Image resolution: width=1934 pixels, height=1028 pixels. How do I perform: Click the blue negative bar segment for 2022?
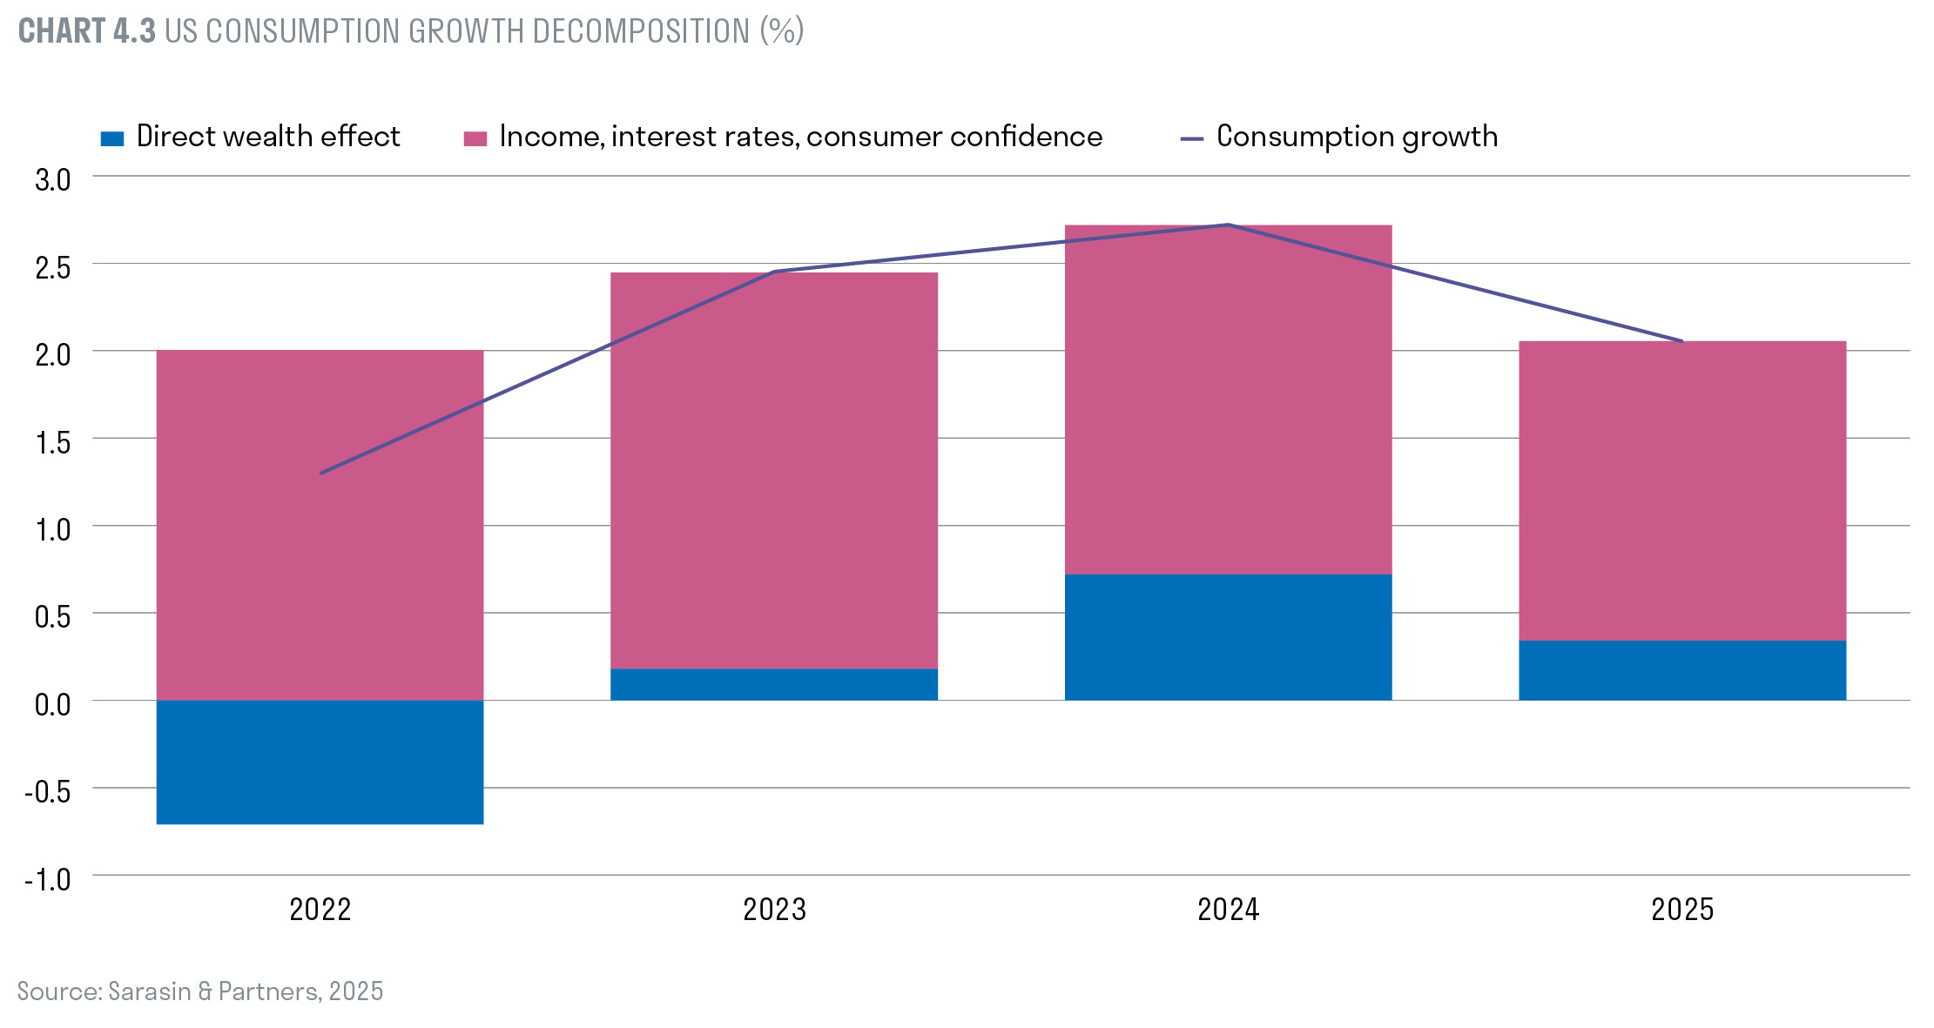tap(320, 762)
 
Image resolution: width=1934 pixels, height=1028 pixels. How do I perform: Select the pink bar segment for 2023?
tap(773, 470)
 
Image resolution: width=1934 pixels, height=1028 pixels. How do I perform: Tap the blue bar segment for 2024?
tap(1228, 636)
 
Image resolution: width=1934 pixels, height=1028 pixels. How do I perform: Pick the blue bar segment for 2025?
tap(1681, 670)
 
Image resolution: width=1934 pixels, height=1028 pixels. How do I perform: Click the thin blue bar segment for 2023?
tap(773, 684)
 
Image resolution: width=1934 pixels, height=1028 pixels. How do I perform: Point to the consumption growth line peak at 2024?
tap(1228, 225)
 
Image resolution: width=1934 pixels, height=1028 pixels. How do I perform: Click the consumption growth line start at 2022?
tap(322, 473)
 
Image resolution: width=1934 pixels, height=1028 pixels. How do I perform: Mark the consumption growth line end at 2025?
tap(1681, 341)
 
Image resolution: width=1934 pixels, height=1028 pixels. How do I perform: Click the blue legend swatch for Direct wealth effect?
tap(112, 138)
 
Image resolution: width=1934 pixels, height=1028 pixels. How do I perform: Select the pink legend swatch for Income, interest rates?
tap(475, 138)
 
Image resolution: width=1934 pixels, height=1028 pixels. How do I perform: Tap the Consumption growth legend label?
tap(1356, 137)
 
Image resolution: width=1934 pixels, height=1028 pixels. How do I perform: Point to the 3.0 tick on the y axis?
tap(52, 179)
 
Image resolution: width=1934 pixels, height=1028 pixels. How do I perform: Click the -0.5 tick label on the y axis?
tap(48, 791)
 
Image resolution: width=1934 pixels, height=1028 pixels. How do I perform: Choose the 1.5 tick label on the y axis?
tap(52, 442)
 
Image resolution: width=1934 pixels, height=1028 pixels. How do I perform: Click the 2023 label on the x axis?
tap(773, 910)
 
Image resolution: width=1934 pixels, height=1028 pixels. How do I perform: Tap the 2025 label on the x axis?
tap(1681, 910)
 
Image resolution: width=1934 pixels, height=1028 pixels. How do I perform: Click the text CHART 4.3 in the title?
tap(86, 31)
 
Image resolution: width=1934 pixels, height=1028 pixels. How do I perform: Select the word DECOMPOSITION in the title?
tap(640, 31)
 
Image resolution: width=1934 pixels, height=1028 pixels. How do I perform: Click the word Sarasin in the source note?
tap(149, 991)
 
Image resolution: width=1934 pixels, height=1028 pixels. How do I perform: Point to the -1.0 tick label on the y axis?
tap(48, 879)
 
